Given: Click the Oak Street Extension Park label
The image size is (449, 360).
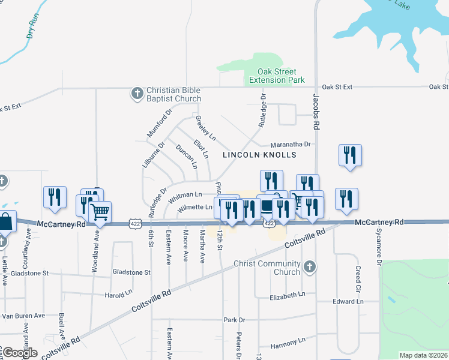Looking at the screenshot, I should pos(277,76).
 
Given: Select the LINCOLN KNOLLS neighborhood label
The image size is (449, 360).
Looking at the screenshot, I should pos(259,155).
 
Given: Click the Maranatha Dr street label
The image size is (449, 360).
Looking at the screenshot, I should pos(291,144).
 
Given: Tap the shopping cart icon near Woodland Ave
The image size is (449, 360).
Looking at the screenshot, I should pos(100,211).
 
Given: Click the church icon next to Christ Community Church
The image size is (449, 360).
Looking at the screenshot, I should pos(309,267).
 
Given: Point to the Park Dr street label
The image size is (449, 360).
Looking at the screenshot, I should pos(234,320).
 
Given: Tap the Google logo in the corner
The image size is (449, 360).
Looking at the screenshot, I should pos(20,353).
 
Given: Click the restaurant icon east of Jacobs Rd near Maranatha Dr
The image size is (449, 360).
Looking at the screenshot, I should pos(349,155).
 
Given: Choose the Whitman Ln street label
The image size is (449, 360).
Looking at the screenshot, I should pos(185,195).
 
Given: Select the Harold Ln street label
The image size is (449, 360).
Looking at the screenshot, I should pos(118,294).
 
